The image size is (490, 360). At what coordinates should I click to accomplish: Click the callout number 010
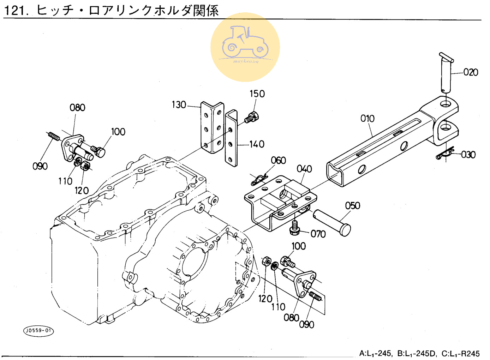coord(367,119)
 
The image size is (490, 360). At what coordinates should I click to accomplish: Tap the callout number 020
coord(471,72)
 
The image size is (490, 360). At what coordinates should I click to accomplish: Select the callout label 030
coord(468,155)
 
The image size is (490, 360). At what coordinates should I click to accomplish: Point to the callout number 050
coord(352,206)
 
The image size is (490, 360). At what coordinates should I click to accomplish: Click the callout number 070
coord(318,234)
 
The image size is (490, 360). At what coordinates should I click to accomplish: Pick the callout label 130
coord(179,105)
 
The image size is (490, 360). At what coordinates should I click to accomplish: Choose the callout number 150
coord(257,94)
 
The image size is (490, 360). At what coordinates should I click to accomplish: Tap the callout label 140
coord(257,144)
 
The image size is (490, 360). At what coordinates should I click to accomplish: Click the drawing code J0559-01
coord(38,331)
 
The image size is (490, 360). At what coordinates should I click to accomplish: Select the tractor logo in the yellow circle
coord(245,45)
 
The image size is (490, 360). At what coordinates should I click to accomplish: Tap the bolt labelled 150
coord(252,118)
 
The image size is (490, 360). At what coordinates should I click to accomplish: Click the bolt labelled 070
coord(295,228)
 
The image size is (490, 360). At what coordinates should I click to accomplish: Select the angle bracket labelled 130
coord(212,127)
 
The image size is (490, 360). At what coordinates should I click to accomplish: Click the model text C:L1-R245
coord(460,354)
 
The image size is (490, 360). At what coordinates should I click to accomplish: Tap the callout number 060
coord(278,161)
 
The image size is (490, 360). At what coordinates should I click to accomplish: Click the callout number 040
coord(304,169)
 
